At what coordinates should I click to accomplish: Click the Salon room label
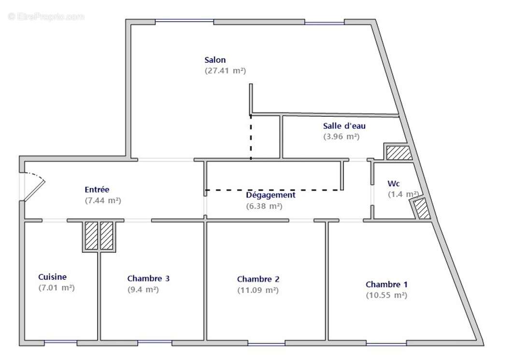215,60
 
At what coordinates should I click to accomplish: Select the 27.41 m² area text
225,70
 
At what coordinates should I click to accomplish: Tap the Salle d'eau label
344,126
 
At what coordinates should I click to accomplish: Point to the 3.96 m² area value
341,137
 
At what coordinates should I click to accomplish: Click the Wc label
393,184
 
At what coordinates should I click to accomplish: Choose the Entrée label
97,190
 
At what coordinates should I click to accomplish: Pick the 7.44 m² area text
102,200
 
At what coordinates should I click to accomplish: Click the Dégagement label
270,195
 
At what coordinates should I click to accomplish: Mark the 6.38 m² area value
264,206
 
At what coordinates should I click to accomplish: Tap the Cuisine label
53,277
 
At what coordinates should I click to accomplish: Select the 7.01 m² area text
56,288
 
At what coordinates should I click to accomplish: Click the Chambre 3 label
148,278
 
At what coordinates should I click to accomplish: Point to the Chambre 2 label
258,279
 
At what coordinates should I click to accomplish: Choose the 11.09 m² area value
257,290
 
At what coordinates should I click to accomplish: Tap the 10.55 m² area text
386,295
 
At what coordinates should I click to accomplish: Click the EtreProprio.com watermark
46,17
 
